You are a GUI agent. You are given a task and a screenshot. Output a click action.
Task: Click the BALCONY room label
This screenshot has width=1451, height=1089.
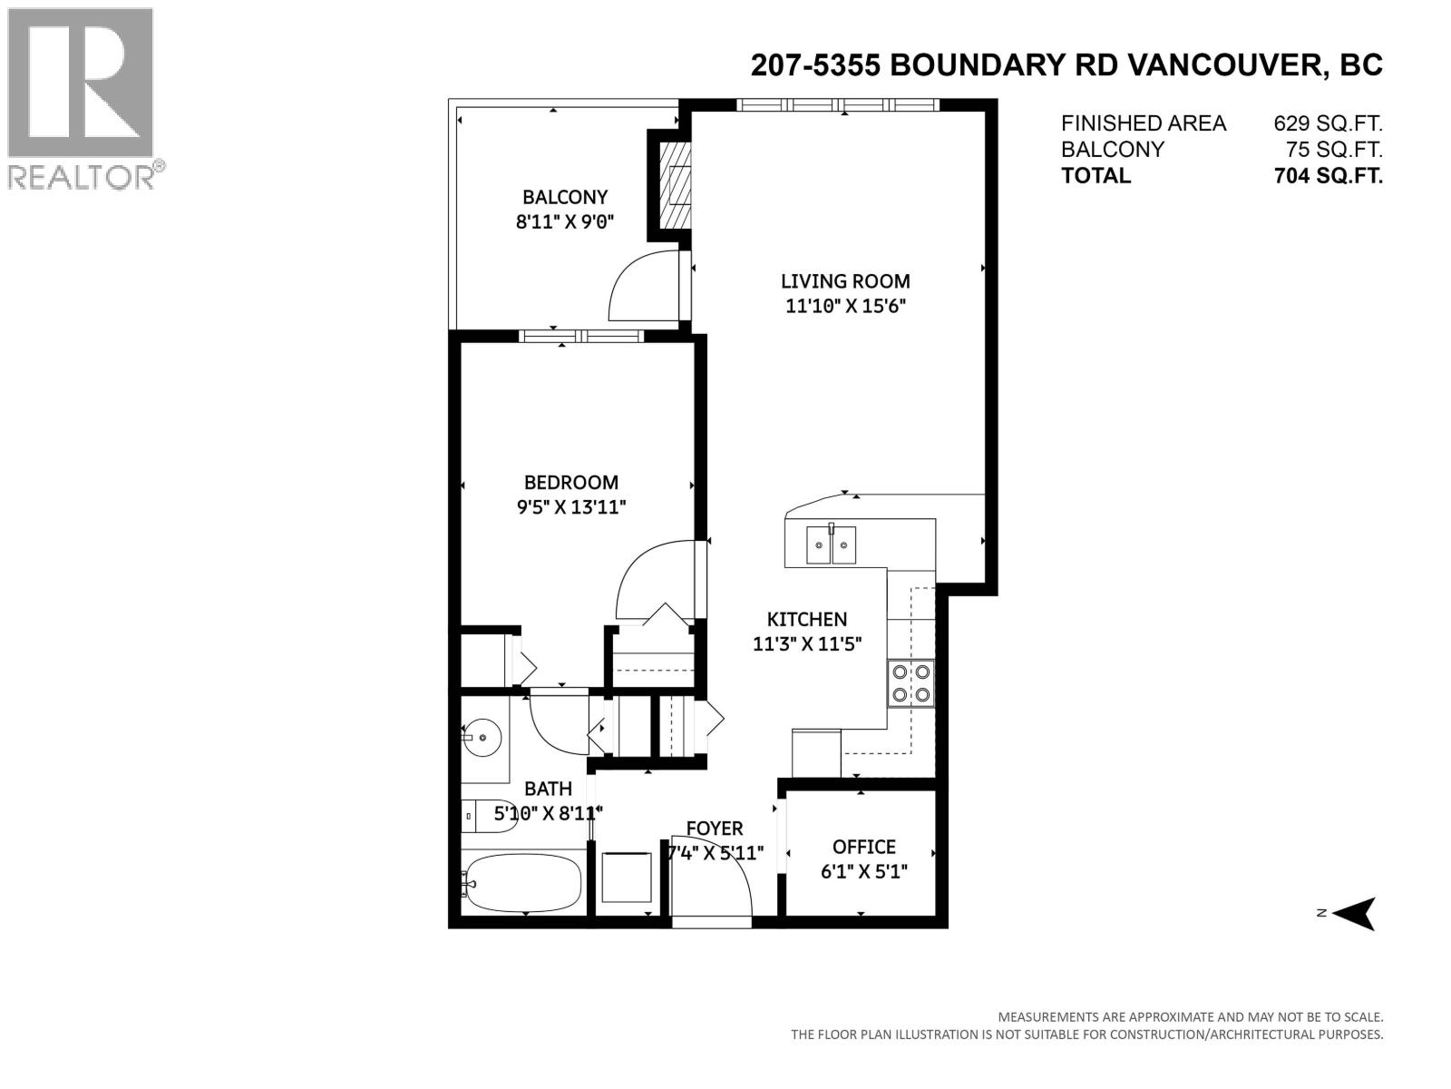coord(564,197)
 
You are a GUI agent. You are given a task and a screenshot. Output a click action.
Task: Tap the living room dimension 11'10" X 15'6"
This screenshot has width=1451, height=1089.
coord(845,307)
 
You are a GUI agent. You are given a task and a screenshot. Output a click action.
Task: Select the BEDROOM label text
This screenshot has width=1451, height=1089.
coord(571,483)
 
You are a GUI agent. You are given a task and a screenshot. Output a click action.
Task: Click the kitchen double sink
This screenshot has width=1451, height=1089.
coord(831,545)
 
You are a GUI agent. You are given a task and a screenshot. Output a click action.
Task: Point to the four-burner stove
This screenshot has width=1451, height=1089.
coord(911,683)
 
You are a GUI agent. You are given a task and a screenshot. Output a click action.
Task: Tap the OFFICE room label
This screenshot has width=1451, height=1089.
coord(863,847)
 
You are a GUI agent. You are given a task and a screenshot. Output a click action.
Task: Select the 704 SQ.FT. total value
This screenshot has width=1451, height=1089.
coord(1328,176)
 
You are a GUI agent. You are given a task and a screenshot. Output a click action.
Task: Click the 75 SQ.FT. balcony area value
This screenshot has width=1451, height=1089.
coord(1334,150)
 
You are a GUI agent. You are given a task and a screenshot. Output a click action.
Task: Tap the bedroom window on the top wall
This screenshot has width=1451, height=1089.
coord(581,336)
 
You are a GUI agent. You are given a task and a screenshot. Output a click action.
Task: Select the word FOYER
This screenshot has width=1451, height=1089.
coord(714,829)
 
